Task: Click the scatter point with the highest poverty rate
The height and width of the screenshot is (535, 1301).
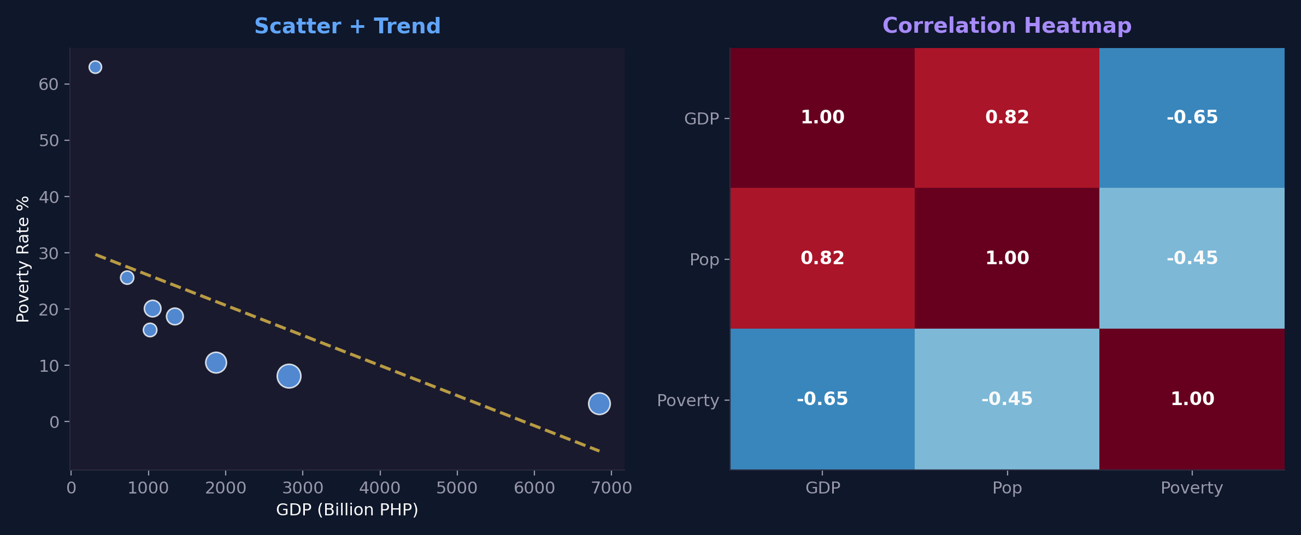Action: (x=95, y=67)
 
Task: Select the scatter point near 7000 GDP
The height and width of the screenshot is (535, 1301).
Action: (x=599, y=403)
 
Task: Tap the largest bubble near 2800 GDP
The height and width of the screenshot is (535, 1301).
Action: (x=289, y=376)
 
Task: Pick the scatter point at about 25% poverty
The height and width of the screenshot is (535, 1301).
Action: (x=127, y=277)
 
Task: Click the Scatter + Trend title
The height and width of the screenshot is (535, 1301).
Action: (x=347, y=26)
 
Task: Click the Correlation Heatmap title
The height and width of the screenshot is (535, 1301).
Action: (x=1006, y=26)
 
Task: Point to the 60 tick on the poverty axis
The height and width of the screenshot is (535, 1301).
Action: (x=49, y=84)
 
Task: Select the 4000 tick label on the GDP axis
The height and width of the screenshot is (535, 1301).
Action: (x=380, y=488)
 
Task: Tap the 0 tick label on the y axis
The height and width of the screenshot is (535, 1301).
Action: (x=54, y=422)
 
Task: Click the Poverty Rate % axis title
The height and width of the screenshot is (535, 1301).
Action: (x=23, y=259)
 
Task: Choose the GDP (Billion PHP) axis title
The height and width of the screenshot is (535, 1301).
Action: (x=347, y=509)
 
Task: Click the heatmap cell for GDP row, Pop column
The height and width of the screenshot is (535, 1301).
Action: (x=1006, y=117)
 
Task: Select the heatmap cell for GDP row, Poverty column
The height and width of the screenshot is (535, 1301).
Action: (x=1192, y=117)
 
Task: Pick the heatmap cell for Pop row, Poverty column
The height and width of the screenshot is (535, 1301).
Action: (x=1192, y=258)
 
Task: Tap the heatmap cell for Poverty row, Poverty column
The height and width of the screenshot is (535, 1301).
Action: (x=1192, y=399)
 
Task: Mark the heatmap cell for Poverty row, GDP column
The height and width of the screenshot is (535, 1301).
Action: (x=822, y=399)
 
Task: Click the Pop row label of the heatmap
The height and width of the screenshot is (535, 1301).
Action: (x=704, y=259)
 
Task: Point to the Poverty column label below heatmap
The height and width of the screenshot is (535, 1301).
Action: (x=1191, y=488)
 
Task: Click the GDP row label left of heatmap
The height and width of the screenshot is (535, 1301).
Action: (x=701, y=118)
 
